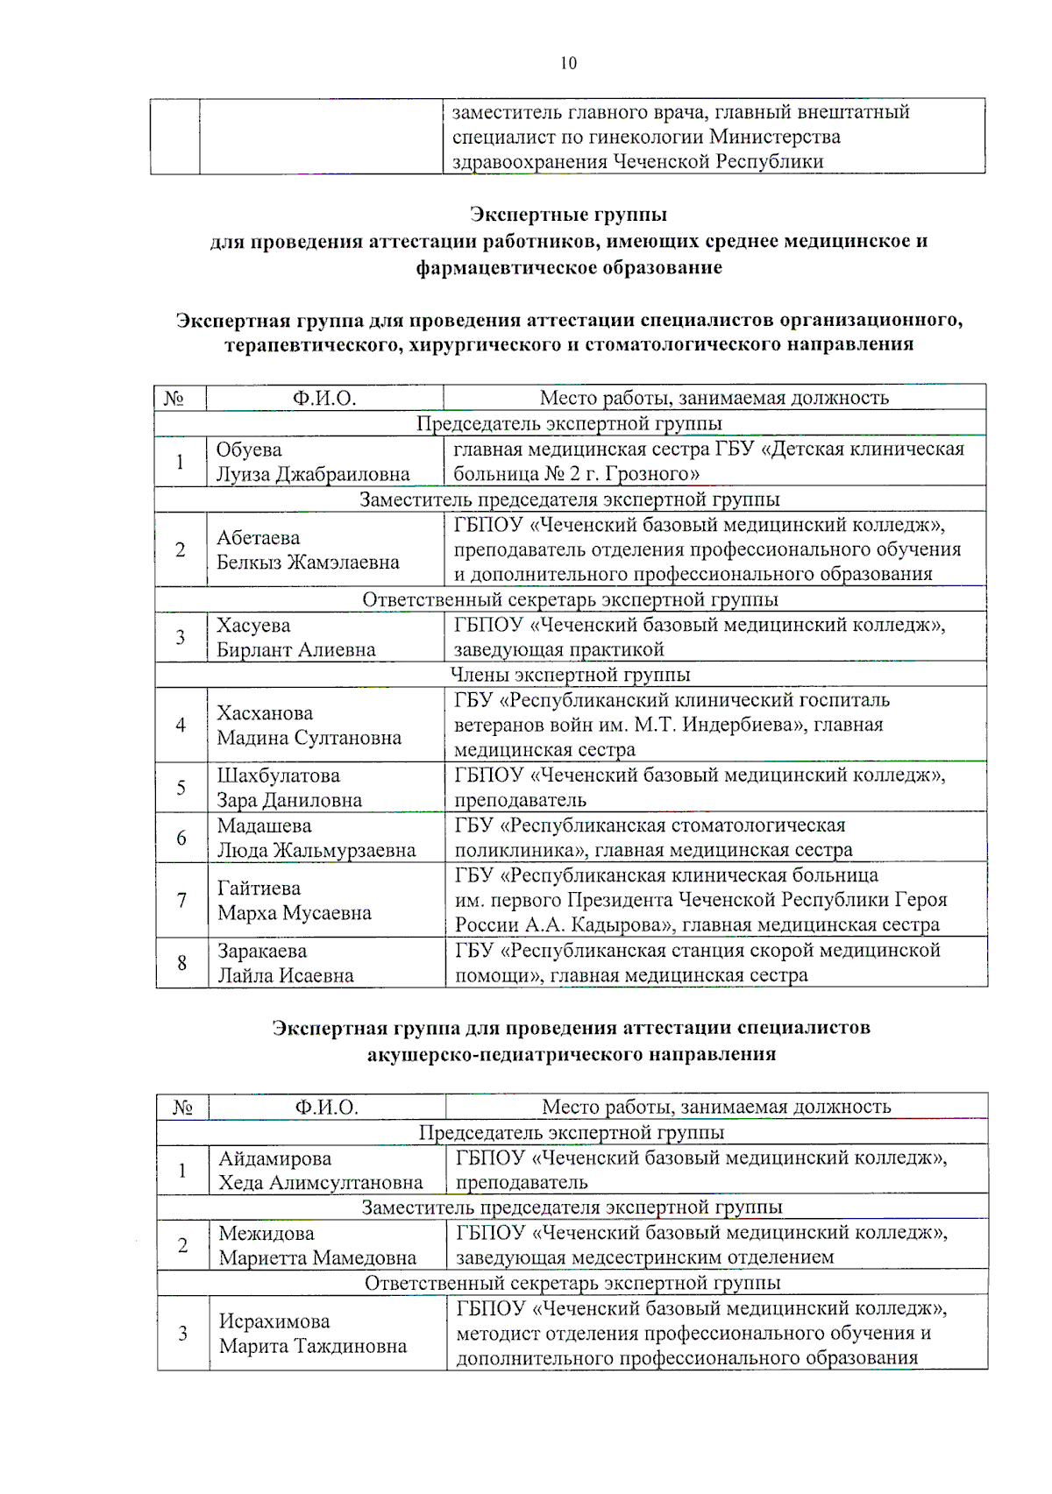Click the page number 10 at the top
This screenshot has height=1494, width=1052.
point(568,63)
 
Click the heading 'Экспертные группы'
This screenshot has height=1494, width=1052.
point(568,215)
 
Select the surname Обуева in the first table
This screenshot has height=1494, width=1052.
point(249,450)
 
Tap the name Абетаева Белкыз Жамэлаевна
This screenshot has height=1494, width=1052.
point(307,550)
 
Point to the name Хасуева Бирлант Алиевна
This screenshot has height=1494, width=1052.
point(295,638)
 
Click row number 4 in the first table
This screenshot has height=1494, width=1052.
point(181,726)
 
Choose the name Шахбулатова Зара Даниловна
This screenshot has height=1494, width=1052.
point(289,788)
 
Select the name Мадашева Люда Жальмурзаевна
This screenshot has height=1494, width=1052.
point(316,839)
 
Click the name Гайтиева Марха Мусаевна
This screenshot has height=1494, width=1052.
point(294,901)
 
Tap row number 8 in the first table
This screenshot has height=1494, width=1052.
point(181,963)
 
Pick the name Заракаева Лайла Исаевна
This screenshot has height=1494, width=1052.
point(285,964)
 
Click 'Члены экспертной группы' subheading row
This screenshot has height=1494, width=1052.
point(570,675)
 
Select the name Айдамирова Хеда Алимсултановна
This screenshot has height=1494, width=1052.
point(320,1171)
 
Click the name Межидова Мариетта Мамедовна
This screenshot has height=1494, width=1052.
point(316,1245)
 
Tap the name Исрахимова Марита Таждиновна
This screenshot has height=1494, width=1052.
point(312,1334)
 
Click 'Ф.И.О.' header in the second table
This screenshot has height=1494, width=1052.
point(326,1107)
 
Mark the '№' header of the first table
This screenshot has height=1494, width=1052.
point(174,399)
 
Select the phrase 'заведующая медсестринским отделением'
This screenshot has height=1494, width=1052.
point(644,1257)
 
